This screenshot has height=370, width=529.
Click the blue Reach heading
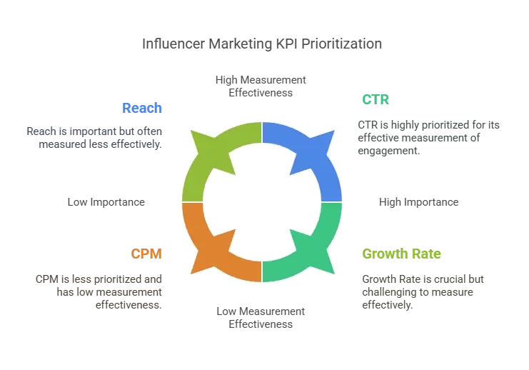pos(143,108)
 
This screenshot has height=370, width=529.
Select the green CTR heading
pos(376,99)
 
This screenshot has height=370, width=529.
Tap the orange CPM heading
pos(148,253)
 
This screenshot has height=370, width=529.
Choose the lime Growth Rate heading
pos(402,254)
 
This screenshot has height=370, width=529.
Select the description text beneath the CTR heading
pos(428,136)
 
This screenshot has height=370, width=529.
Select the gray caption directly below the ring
pos(262,317)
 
